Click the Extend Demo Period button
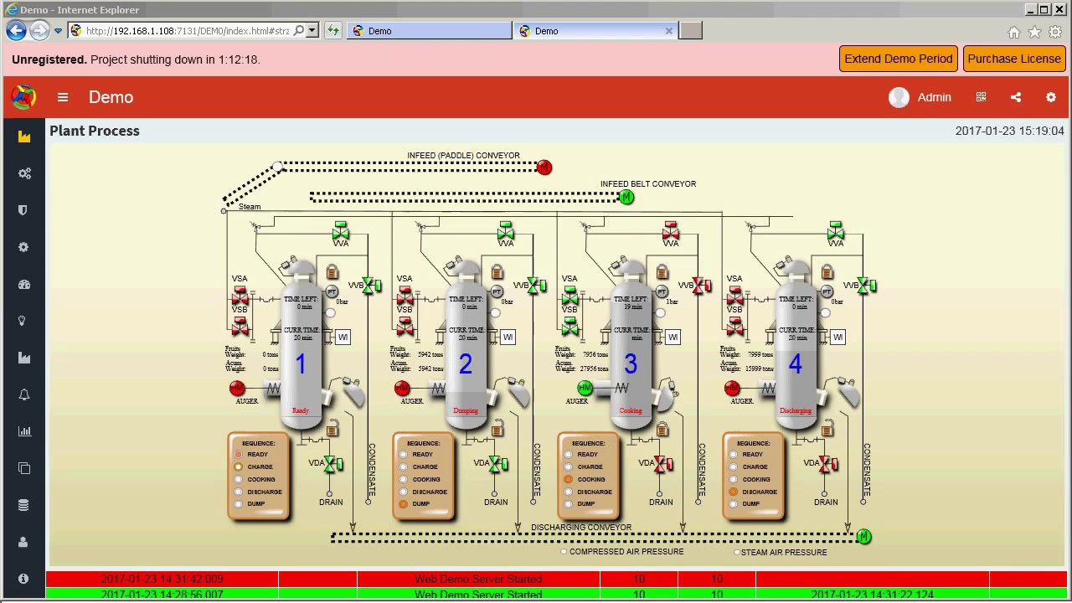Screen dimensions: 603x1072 pos(898,59)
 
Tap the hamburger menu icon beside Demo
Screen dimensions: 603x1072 pos(63,97)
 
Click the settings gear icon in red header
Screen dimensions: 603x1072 pos(1051,97)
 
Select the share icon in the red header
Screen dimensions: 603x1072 pos(1016,97)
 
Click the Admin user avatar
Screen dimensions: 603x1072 pos(899,97)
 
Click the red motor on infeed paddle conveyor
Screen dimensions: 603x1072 pos(544,167)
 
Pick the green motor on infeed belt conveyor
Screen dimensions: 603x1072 pos(626,198)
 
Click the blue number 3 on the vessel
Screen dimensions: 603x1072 pos(630,364)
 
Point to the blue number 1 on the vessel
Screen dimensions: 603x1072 pos(300,364)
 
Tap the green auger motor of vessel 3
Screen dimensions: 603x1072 pos(585,388)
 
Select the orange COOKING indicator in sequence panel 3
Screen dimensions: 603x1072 pos(569,479)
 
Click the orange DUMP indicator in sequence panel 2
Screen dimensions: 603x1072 pos(404,504)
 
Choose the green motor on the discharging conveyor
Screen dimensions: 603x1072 pos(864,537)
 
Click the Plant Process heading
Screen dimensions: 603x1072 pos(95,131)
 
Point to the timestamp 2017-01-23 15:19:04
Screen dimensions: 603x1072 pos(1009,131)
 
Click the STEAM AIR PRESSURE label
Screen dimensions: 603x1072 pos(784,553)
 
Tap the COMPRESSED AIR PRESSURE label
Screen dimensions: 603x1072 pos(626,552)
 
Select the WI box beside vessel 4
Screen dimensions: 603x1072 pos(837,337)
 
